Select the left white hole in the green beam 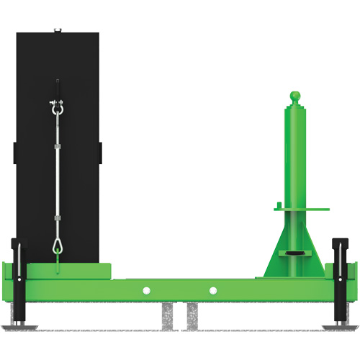(146, 290)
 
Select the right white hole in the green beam (213, 290)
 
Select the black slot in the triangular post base (294, 253)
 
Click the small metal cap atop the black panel (58, 30)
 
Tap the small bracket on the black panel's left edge (14, 152)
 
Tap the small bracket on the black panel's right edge (100, 152)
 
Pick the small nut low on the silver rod (56, 217)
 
